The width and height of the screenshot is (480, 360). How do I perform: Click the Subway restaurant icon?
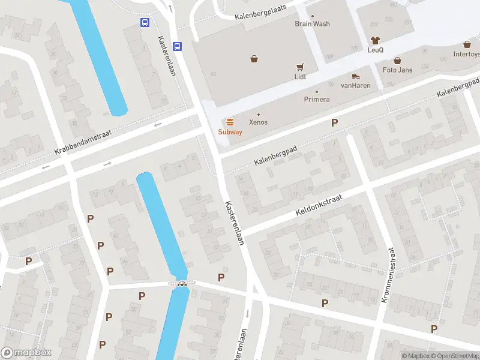230,122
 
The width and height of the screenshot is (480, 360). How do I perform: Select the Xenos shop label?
259,122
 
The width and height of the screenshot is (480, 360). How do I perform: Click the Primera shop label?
317,99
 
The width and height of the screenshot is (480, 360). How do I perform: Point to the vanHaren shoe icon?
356,76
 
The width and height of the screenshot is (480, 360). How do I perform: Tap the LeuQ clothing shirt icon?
376,40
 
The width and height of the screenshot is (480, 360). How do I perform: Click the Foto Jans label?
397,70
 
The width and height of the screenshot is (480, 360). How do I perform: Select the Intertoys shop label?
466,53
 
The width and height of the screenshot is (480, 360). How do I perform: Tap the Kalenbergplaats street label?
261,11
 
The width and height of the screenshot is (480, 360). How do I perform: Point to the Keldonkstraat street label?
318,205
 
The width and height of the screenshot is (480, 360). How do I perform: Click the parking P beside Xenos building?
335,122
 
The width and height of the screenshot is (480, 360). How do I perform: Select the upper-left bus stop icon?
145,22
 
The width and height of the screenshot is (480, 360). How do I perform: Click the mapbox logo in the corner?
27,353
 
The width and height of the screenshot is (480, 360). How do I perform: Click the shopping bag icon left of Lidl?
254,59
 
